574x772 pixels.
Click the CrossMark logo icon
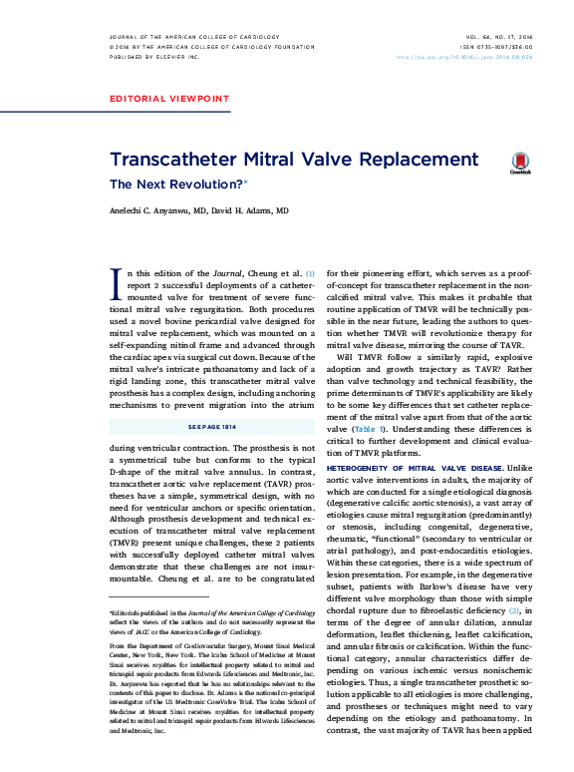tap(520, 164)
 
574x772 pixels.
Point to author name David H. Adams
tap(255, 211)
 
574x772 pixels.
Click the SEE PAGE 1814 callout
tap(211, 426)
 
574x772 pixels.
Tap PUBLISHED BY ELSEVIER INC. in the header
tap(153, 57)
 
